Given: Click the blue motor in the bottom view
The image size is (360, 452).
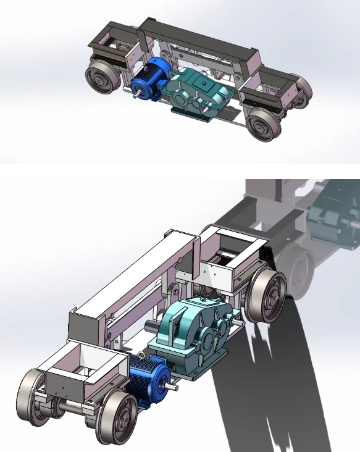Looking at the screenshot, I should click(146, 380).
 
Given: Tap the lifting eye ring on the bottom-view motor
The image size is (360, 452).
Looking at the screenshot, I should click(141, 356).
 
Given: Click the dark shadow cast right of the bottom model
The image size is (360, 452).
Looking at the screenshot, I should click(272, 383).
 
